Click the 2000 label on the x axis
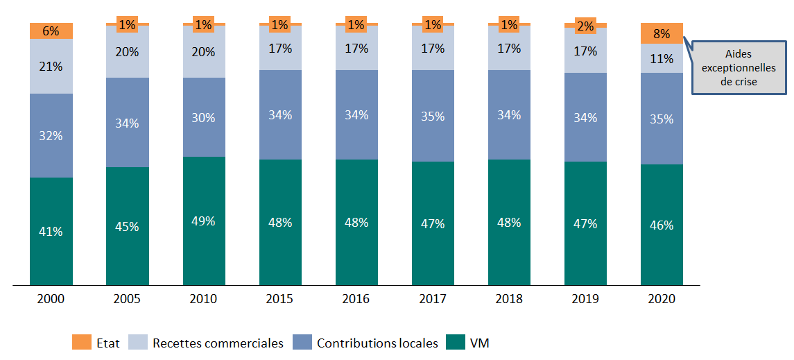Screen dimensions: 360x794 (x=51, y=299)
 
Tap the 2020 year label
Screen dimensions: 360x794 (x=661, y=299)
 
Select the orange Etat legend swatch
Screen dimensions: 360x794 (x=82, y=343)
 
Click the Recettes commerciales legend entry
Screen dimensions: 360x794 (x=218, y=343)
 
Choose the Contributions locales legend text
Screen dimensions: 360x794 (x=377, y=343)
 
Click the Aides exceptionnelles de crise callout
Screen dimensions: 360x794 (x=737, y=68)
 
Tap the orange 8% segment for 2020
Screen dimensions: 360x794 (x=662, y=33)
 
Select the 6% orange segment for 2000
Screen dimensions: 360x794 (x=51, y=31)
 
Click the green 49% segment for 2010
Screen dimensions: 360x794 (x=204, y=221)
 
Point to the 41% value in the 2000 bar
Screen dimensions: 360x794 (x=51, y=232)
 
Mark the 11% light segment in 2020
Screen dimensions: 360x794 (x=662, y=58)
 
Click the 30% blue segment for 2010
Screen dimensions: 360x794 (x=204, y=117)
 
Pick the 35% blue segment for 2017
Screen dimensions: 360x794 (x=433, y=116)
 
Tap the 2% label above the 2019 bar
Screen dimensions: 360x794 (x=585, y=26)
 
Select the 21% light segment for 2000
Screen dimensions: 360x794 (x=51, y=66)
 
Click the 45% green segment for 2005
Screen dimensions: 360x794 (x=128, y=226)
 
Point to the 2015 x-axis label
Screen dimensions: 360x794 (x=279, y=299)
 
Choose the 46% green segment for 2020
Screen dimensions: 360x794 (x=662, y=225)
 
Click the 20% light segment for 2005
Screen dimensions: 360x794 (x=128, y=52)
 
